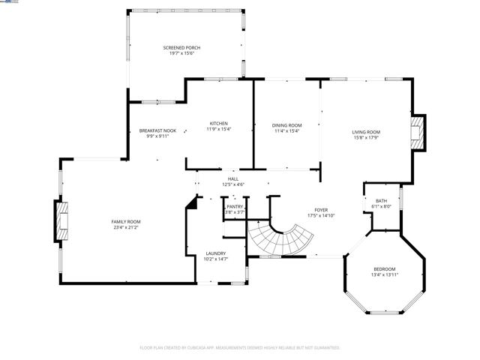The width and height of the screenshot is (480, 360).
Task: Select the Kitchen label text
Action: (218, 123)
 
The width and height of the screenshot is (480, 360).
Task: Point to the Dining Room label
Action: (286, 125)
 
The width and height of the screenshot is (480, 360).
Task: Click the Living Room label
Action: (366, 131)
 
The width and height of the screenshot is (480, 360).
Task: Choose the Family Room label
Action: (126, 221)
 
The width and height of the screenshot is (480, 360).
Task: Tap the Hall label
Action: (232, 178)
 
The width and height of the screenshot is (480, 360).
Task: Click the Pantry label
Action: (235, 206)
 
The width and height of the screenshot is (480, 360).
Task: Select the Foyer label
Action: (320, 210)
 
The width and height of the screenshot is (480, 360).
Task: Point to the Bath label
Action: (381, 200)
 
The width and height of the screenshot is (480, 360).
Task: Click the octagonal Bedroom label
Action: (384, 269)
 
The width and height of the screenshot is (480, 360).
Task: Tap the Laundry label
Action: (215, 253)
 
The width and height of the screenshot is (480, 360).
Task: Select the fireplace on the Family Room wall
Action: (60, 221)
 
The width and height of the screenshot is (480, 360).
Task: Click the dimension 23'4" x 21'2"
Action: (126, 227)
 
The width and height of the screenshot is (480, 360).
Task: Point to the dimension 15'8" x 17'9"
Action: (366, 137)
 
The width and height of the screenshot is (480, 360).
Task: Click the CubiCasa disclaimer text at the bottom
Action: (240, 348)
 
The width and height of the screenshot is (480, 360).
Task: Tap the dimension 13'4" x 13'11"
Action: (384, 275)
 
